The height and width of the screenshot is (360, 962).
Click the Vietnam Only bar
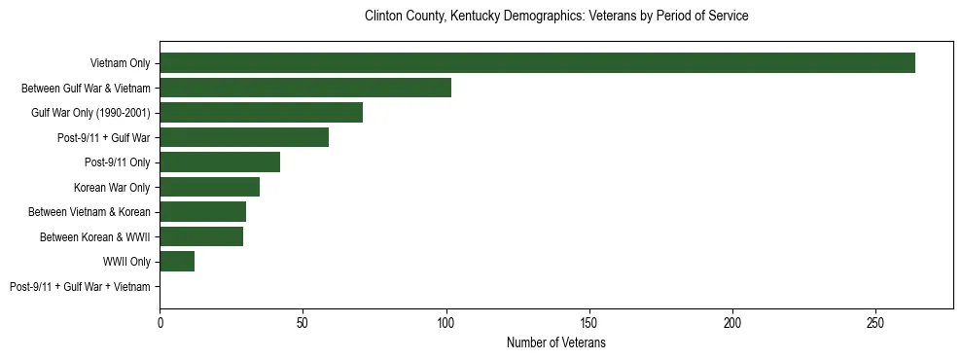coord(537,63)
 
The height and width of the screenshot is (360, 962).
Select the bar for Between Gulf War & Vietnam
coord(305,88)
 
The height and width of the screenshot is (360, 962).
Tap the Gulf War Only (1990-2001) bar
coord(261,112)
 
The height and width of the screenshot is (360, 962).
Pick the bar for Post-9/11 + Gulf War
coord(244,137)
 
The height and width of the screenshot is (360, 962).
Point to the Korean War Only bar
coord(209,187)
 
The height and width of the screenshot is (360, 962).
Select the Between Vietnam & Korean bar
coord(202,211)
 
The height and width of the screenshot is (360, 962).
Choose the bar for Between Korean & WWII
coord(201,236)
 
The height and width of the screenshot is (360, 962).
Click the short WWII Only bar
coord(177,261)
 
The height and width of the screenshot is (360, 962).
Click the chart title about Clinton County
coord(555,17)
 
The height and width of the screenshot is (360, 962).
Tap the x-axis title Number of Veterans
coord(555,343)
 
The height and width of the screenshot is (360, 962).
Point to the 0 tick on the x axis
coord(160,322)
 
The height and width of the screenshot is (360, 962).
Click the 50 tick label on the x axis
coord(303,322)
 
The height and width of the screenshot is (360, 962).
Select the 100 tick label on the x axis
coord(445,322)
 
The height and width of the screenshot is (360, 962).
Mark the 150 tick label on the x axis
coord(589,322)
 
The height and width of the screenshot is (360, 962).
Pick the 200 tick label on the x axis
coord(732,322)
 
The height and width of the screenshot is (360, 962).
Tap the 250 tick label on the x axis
coord(875,322)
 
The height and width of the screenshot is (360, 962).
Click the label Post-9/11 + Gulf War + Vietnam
coord(80,286)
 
